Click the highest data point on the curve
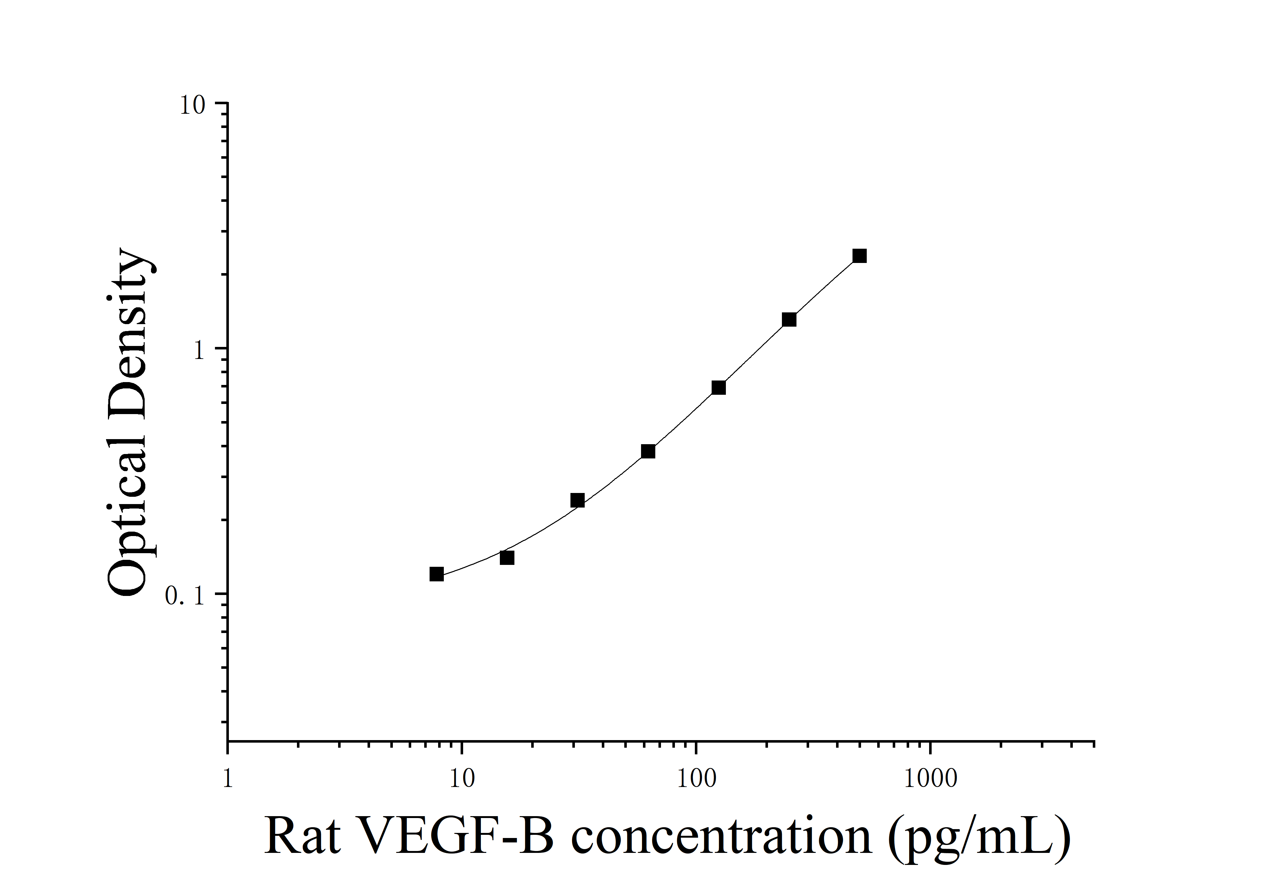tap(859, 256)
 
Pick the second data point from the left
tap(507, 557)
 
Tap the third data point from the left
tap(577, 500)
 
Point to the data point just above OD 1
tap(789, 320)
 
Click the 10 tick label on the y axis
tap(192, 105)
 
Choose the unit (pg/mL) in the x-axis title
tap(979, 839)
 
